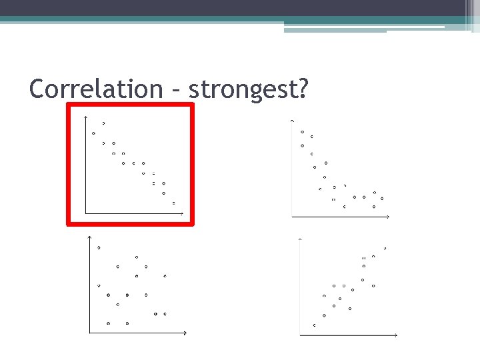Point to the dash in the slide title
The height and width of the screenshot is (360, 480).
[x=176, y=89]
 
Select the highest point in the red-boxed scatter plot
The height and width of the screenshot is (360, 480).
[x=103, y=123]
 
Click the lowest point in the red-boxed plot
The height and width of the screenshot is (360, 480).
[x=173, y=202]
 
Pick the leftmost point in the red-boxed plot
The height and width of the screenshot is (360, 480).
[x=93, y=133]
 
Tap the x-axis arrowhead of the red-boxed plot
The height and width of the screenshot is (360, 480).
[x=181, y=214]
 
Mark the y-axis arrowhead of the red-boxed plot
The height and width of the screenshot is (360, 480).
[x=86, y=117]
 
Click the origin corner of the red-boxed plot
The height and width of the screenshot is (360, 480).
[x=86, y=214]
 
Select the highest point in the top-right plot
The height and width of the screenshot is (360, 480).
[x=303, y=131]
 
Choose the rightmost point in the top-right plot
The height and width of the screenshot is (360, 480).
[x=382, y=199]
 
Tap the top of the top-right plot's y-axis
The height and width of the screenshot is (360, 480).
[x=292, y=121]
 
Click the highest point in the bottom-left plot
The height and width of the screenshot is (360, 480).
[x=99, y=247]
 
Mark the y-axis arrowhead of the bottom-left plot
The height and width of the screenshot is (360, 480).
[x=90, y=237]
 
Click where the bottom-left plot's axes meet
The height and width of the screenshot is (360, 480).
[x=90, y=332]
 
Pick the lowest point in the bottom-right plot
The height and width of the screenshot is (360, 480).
[x=315, y=325]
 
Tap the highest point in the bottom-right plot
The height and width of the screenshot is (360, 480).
[x=385, y=249]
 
